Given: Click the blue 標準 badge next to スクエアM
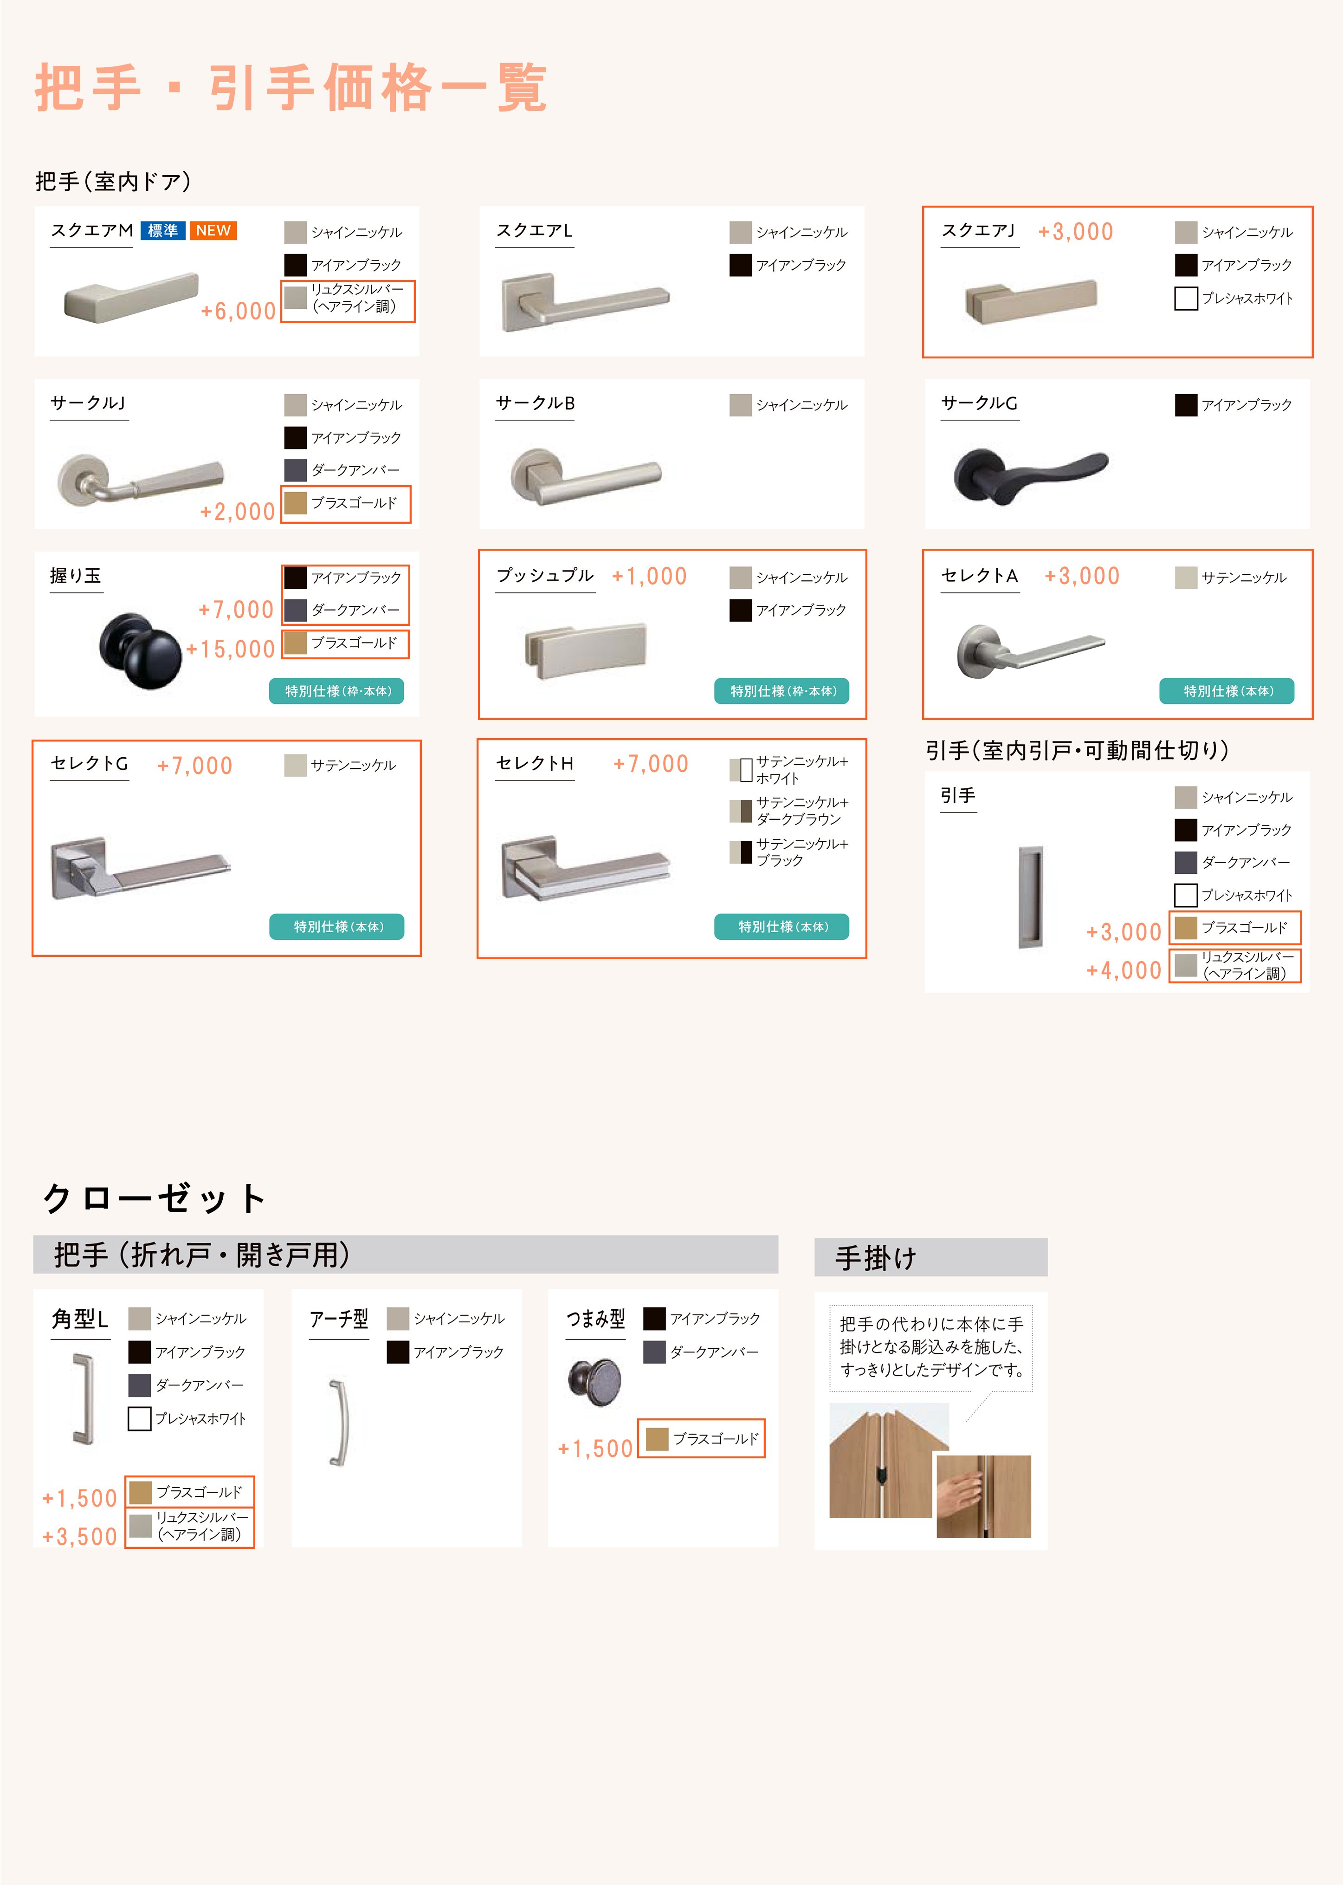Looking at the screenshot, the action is [x=163, y=231].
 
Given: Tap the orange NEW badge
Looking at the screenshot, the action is [x=213, y=231].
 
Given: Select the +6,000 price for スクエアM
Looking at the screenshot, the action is [x=238, y=311].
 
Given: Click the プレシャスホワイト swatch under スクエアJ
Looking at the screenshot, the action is [x=1186, y=299].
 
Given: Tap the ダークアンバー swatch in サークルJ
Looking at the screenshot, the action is [x=295, y=470].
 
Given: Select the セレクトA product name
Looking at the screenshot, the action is [x=980, y=576].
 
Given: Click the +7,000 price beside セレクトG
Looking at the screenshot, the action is [x=195, y=766].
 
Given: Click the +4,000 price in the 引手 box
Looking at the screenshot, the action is [x=1124, y=970].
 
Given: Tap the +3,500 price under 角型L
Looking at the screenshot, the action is [x=79, y=1537].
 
